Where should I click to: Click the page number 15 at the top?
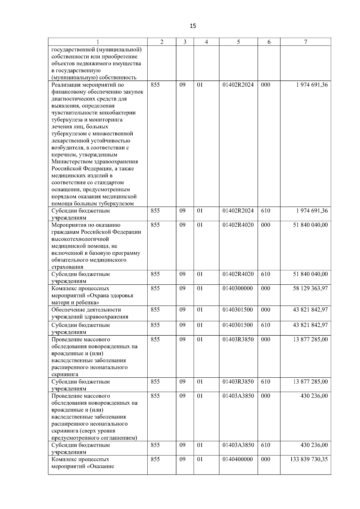(x=193, y=26)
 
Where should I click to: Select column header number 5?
(x=238, y=42)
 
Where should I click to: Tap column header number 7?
(x=305, y=42)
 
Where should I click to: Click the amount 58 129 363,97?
(x=310, y=288)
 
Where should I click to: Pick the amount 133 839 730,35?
(x=309, y=459)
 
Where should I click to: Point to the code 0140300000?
(x=238, y=288)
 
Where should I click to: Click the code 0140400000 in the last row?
(x=238, y=459)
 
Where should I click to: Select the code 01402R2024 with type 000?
(x=238, y=85)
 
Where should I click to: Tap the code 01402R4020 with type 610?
(x=238, y=274)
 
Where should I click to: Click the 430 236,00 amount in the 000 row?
(x=314, y=396)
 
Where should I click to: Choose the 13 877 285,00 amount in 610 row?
(x=310, y=382)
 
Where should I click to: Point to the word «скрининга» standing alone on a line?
(x=65, y=374)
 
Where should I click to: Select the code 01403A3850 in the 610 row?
(x=238, y=445)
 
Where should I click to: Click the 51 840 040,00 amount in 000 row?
(x=310, y=225)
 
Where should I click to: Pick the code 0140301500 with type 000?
(x=238, y=310)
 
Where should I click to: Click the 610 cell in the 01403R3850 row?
(x=265, y=382)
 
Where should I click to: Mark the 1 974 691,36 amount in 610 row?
(x=312, y=211)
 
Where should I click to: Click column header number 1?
(x=98, y=42)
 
